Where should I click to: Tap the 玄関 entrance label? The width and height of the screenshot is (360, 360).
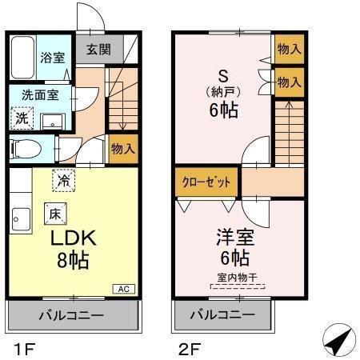pos(99,50)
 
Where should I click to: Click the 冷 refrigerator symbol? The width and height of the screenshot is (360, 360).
pos(62,180)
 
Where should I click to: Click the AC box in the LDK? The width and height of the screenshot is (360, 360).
pos(125,289)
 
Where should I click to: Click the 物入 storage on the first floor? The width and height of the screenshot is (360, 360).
pos(123,149)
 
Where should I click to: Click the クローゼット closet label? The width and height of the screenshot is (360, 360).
pos(205,182)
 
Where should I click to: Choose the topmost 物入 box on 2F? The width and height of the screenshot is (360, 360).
pos(289,49)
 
